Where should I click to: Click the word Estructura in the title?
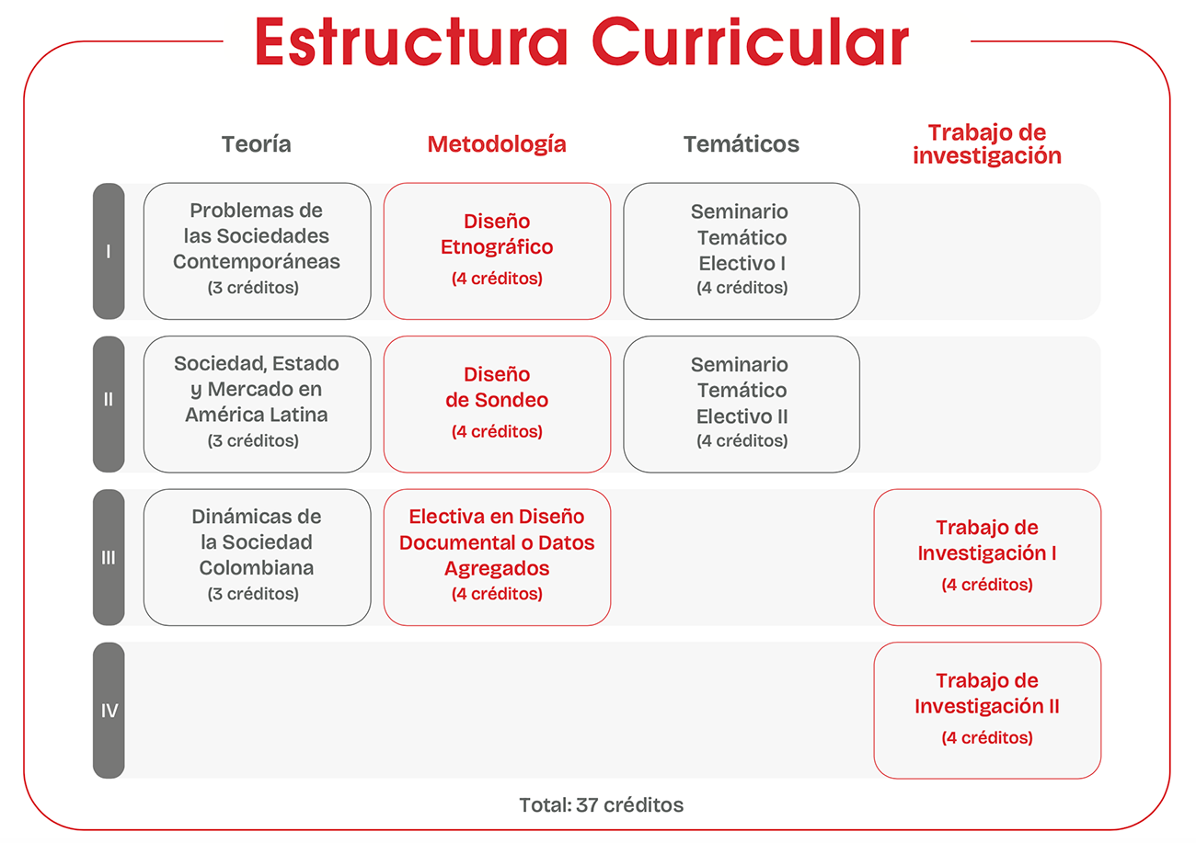411,41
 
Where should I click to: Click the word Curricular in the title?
751,41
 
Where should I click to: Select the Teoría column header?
257,144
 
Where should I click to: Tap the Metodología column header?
497,144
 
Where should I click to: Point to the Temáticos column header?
742,144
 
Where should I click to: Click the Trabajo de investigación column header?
986,144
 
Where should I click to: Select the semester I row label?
109,251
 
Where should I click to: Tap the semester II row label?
109,404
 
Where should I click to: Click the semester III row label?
109,557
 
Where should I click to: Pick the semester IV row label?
109,710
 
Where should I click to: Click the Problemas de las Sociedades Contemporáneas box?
258,251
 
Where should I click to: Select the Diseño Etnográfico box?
497,251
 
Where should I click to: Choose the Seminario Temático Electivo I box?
742,251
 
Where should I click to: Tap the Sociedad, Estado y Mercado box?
258,404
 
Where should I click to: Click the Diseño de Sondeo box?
497,404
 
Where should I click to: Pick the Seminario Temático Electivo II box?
742,404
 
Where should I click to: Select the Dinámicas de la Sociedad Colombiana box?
258,557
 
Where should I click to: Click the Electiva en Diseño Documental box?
497,557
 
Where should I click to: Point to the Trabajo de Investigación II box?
987,710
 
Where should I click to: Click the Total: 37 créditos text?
601,804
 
